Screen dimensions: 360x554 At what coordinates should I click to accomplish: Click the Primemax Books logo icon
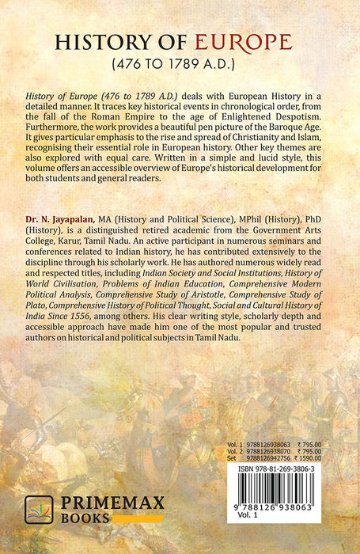40,510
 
